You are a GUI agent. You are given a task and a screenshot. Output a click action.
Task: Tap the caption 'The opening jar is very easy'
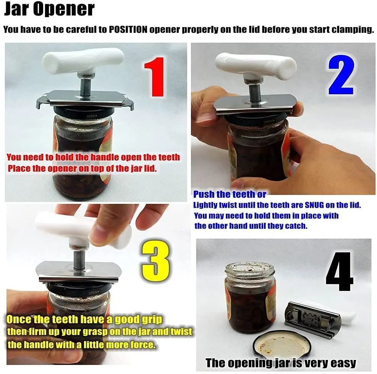pos(281,363)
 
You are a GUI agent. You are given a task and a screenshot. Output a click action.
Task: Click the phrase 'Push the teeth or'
pos(230,194)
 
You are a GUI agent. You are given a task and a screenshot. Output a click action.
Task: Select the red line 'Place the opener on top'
pos(82,168)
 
